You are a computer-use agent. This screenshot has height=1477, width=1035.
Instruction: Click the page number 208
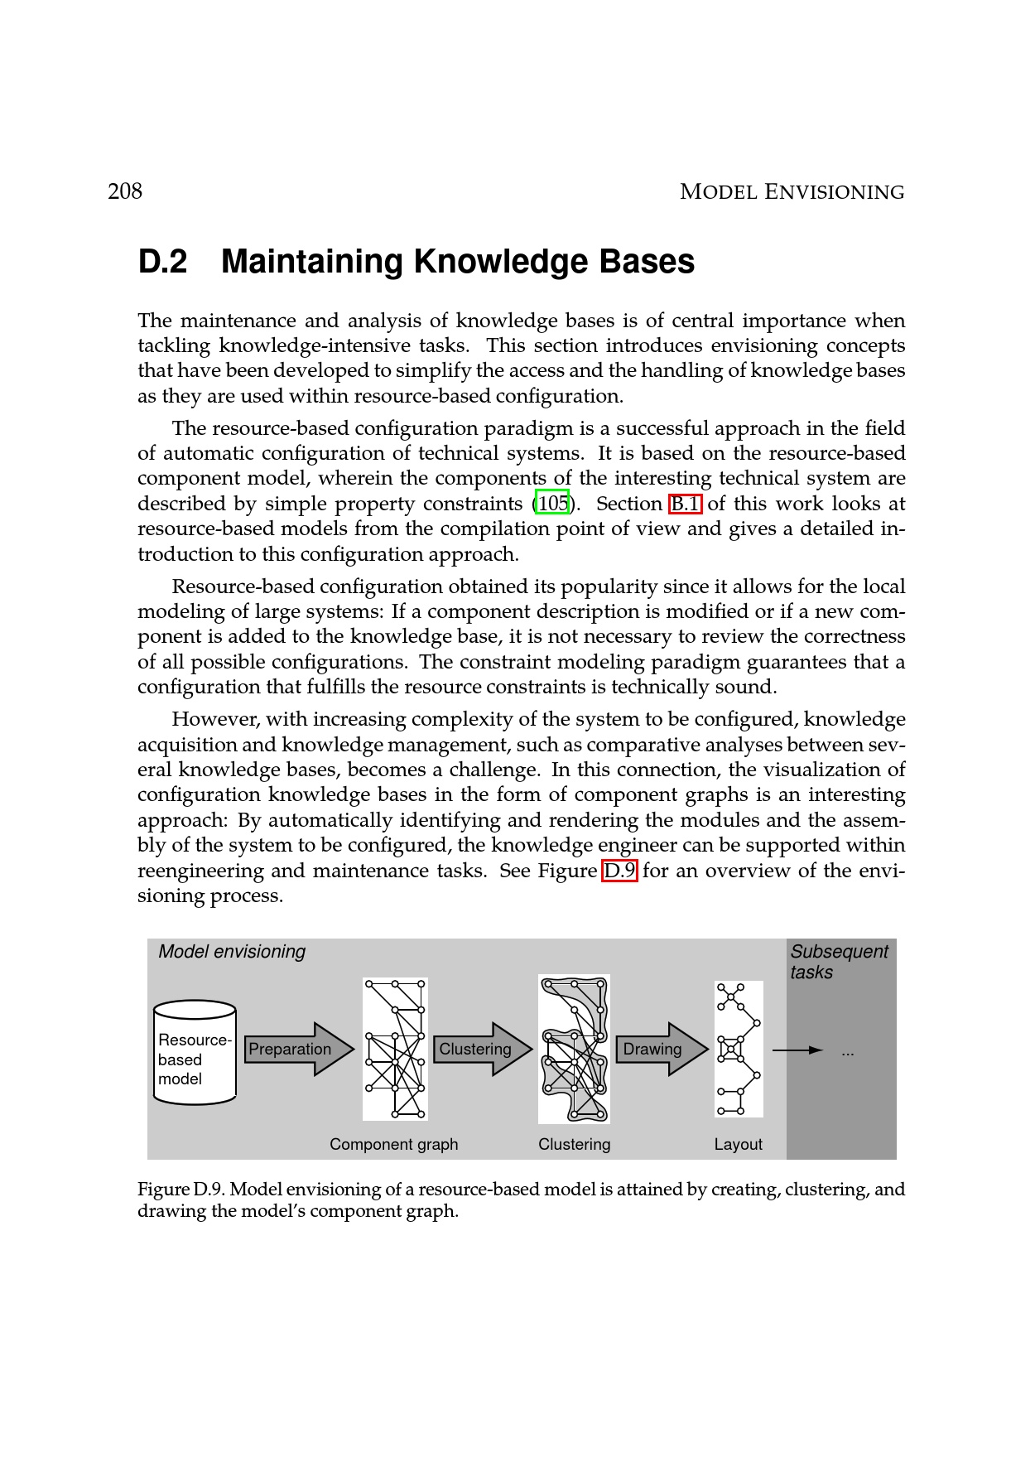(125, 191)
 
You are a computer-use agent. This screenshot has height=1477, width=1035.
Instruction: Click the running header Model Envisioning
(792, 192)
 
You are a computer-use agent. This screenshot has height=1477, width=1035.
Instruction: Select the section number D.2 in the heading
(162, 262)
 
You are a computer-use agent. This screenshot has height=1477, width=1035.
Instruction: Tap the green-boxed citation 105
(553, 504)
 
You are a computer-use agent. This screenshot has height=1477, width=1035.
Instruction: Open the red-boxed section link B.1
(685, 504)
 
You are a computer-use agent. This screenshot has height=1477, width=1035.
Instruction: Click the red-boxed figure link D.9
(619, 871)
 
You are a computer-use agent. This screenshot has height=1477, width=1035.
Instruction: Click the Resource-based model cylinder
(195, 1053)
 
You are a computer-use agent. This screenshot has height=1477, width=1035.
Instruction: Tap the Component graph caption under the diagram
(393, 1144)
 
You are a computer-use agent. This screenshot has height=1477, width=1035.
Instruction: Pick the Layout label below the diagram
(738, 1144)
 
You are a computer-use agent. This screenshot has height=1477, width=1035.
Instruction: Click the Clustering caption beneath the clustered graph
(574, 1144)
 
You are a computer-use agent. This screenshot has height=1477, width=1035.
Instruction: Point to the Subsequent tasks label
(838, 962)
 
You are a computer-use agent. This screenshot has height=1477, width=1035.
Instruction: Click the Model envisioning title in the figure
(232, 952)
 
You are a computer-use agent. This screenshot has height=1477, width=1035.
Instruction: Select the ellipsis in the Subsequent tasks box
(847, 1052)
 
